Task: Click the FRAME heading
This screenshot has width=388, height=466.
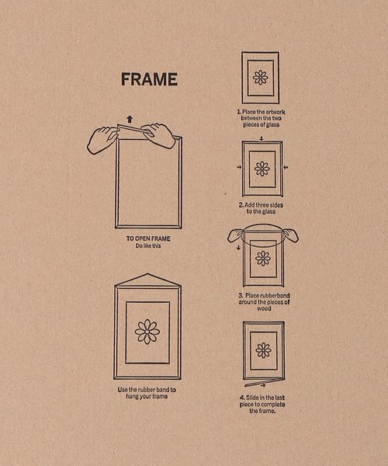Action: pyautogui.click(x=149, y=79)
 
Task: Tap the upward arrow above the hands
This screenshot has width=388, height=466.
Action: pyautogui.click(x=130, y=119)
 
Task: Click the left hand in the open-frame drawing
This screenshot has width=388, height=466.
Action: pyautogui.click(x=102, y=140)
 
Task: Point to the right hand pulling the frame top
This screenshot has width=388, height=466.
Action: pyautogui.click(x=158, y=135)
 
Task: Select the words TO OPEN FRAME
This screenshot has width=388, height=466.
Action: pyautogui.click(x=148, y=238)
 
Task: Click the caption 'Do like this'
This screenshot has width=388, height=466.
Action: pyautogui.click(x=148, y=245)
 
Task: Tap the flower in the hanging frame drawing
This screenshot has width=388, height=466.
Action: pyautogui.click(x=147, y=332)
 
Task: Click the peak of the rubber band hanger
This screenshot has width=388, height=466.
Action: pyautogui.click(x=147, y=273)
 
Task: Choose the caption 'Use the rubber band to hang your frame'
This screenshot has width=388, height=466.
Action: pyautogui.click(x=147, y=393)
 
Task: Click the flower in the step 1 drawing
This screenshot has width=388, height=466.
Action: pyautogui.click(x=261, y=78)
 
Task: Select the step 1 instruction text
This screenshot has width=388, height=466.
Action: pyautogui.click(x=261, y=118)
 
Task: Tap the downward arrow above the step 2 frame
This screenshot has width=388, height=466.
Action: pyautogui.click(x=262, y=138)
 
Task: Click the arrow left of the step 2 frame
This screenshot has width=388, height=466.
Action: pyautogui.click(x=239, y=167)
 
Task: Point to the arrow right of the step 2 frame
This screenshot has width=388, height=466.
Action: pyautogui.click(x=286, y=168)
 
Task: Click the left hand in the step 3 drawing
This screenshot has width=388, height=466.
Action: pyautogui.click(x=237, y=235)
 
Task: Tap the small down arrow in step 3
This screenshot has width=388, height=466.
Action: pyautogui.click(x=238, y=248)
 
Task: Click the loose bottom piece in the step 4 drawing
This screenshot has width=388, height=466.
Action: pyautogui.click(x=264, y=383)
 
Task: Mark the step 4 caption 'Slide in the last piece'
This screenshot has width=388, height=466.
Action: pyautogui.click(x=262, y=401)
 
